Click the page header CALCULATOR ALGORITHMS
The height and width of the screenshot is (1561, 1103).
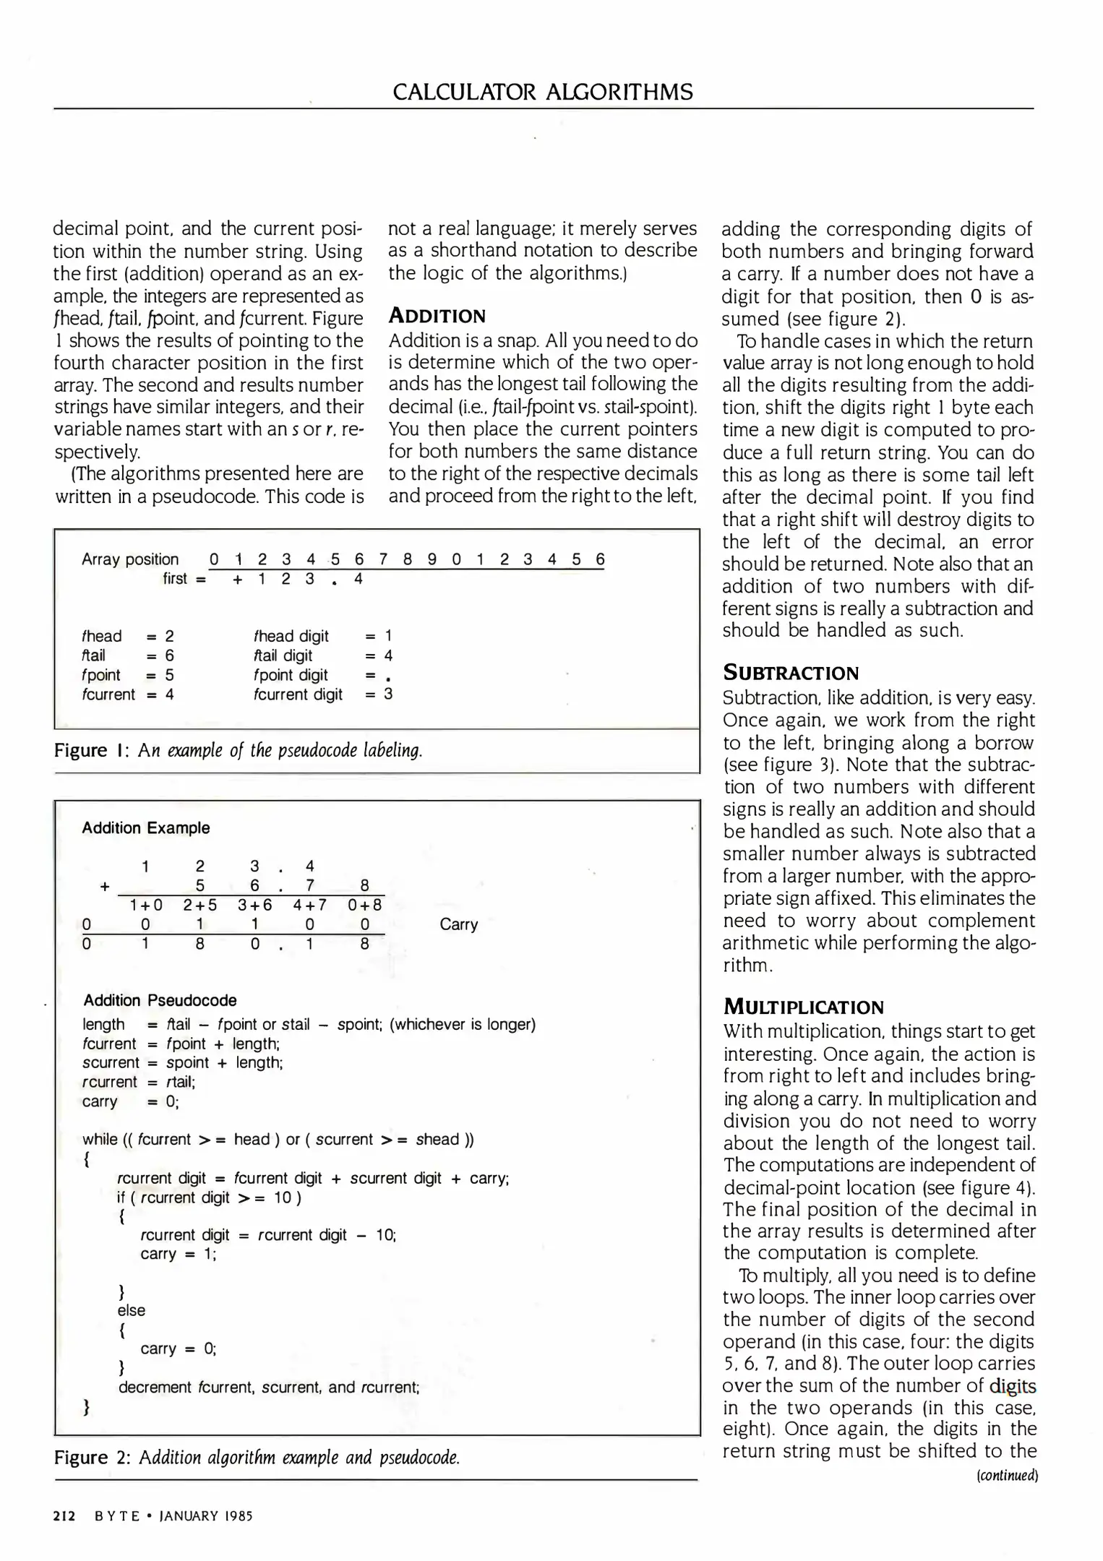pyautogui.click(x=543, y=93)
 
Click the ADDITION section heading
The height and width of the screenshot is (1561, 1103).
pyautogui.click(x=437, y=316)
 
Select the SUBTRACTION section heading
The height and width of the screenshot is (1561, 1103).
pyautogui.click(x=791, y=673)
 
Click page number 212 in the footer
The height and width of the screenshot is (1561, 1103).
pyautogui.click(x=64, y=1515)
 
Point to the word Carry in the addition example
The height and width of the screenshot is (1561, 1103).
pyautogui.click(x=458, y=924)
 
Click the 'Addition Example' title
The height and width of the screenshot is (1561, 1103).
pyautogui.click(x=145, y=828)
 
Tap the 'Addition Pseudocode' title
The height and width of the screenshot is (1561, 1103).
pyautogui.click(x=160, y=1000)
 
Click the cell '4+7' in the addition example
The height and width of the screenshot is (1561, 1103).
pyautogui.click(x=309, y=905)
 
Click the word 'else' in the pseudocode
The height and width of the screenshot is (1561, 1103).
pyautogui.click(x=131, y=1310)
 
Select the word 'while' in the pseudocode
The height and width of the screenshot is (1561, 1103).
pyautogui.click(x=100, y=1140)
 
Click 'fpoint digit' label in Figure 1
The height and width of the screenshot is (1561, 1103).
pyautogui.click(x=291, y=675)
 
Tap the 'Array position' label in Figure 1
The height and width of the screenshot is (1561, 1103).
pyautogui.click(x=130, y=559)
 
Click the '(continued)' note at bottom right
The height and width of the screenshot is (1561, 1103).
pyautogui.click(x=1006, y=1475)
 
